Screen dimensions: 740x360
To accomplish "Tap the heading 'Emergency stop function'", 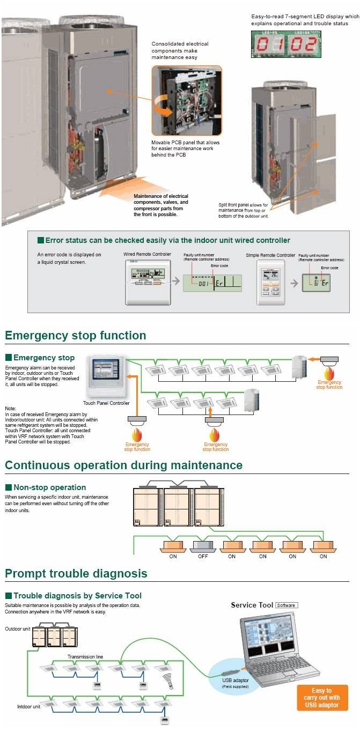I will coord(76,336).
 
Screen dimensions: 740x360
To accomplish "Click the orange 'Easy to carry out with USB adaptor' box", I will coord(322,698).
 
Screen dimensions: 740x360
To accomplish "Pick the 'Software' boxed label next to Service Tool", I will coord(286,605).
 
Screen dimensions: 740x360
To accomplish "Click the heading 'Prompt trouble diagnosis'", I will coord(76,574).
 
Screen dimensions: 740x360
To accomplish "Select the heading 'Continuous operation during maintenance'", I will coord(124,465).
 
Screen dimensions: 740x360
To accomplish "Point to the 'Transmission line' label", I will coord(85,656).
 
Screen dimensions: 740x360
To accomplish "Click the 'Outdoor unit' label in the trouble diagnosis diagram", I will coord(18,628).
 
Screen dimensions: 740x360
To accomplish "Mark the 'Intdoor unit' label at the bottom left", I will coord(29,707).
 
